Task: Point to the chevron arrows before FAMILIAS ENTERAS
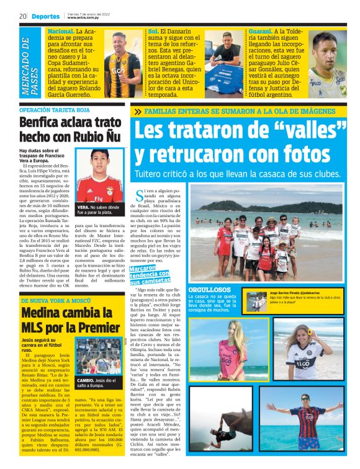pos(137,112)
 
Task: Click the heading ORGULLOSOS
pos(210,289)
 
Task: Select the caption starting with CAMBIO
pos(99,383)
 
